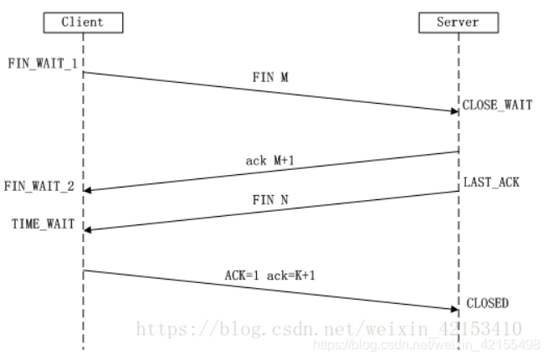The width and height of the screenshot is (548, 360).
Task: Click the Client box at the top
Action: [82, 23]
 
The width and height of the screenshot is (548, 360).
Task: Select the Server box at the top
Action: [458, 23]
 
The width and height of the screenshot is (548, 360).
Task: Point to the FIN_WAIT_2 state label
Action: [38, 186]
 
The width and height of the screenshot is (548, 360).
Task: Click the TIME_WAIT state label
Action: [42, 224]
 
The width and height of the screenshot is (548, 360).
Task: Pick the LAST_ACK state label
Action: [492, 182]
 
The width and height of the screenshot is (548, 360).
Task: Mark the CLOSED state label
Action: [487, 302]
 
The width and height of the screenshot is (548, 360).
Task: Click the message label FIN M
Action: [270, 75]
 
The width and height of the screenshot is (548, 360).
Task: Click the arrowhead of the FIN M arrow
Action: [453, 111]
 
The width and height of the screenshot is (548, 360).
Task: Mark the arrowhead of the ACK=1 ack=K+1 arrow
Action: [453, 309]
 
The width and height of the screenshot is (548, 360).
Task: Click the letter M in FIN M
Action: [284, 75]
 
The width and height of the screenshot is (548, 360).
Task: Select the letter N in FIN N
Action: [284, 200]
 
